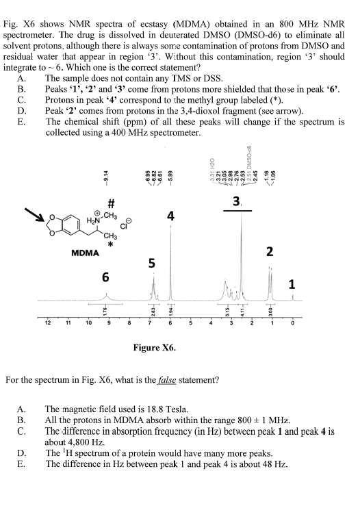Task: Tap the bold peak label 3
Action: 236,203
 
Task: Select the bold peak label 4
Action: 170,218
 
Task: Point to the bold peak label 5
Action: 152,263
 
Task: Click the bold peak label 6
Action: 105,277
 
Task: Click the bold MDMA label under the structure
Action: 86,253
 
